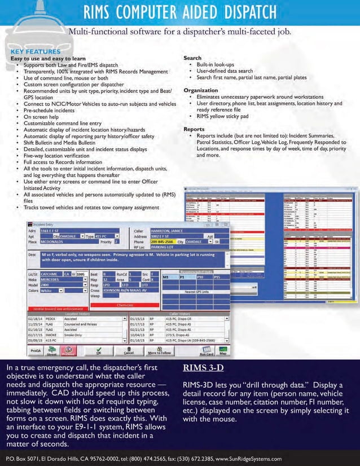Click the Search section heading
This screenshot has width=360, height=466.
point(193,58)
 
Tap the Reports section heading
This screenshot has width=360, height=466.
point(194,129)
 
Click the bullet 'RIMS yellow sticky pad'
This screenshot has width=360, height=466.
point(222,117)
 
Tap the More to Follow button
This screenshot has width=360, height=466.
point(160,352)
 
